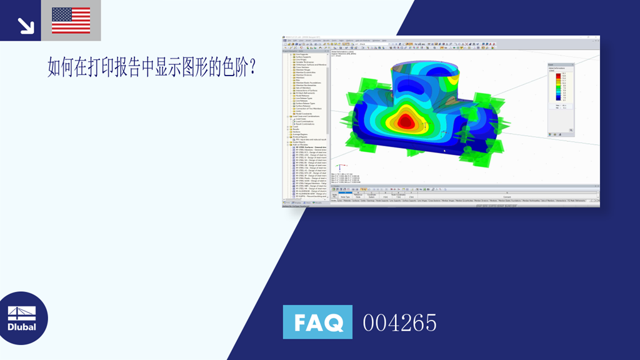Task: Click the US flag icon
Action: point(71,20)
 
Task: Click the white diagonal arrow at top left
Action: point(26,25)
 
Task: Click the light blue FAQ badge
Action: point(317,322)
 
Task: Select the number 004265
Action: point(399,322)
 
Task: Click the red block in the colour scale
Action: point(559,75)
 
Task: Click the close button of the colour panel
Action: point(572,64)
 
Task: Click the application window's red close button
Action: point(596,37)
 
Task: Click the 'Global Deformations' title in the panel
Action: point(556,69)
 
